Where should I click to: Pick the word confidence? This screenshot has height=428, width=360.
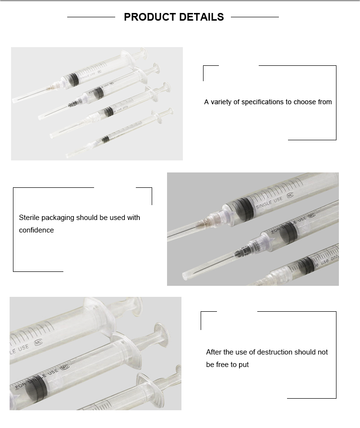36,230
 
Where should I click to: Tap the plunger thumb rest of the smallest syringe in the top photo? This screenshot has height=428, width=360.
166,113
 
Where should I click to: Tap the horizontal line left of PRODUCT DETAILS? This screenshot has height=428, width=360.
91,17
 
